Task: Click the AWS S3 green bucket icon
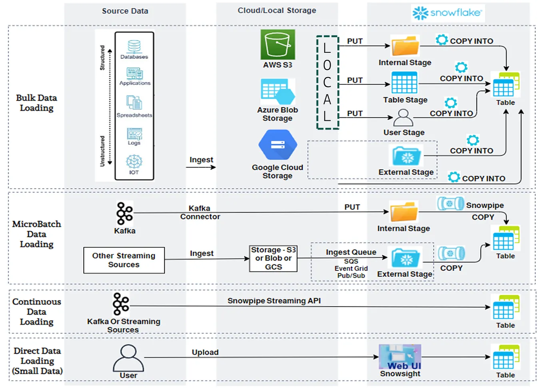(278, 45)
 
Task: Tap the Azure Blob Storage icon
(278, 92)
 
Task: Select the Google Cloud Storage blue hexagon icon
(277, 145)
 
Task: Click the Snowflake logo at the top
(447, 13)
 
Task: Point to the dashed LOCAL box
(327, 82)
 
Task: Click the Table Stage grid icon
(404, 82)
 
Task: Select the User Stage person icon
(403, 117)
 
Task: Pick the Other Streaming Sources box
(124, 260)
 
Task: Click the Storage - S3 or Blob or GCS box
(273, 259)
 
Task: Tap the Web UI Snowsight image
(400, 357)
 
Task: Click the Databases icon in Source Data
(134, 47)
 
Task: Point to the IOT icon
(134, 161)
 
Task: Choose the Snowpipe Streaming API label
(274, 300)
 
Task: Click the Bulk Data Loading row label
(36, 103)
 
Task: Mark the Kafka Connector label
(200, 212)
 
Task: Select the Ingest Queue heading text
(351, 252)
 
